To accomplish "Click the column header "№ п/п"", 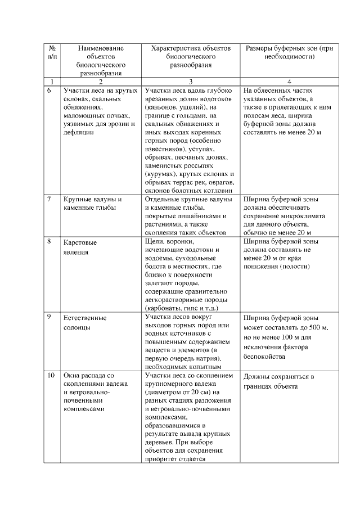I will pyautogui.click(x=52, y=52).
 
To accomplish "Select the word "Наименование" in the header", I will pyautogui.click(x=101, y=48).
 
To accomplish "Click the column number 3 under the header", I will pyautogui.click(x=191, y=81).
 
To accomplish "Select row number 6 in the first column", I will pyautogui.click(x=49, y=90).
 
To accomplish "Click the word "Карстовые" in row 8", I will pyautogui.click(x=80, y=242).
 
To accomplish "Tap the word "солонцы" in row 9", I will pyautogui.click(x=77, y=327).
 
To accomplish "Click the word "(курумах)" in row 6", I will pyautogui.click(x=159, y=175).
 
